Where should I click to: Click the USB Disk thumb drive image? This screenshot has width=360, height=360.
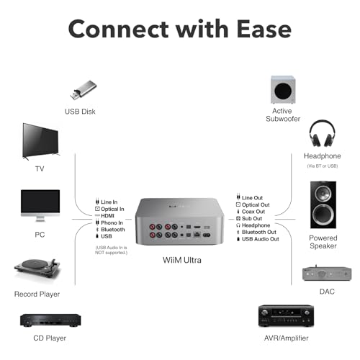tap(84, 90)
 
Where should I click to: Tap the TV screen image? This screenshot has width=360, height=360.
tap(40, 141)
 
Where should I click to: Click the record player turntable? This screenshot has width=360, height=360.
tap(37, 268)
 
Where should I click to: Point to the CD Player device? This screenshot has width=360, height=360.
tap(50, 320)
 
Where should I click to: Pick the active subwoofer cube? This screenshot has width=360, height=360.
tap(283, 89)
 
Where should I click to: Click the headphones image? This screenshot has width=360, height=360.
tap(322, 133)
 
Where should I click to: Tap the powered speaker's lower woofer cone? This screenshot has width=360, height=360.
tap(323, 215)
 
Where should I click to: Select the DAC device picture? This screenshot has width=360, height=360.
tap(327, 273)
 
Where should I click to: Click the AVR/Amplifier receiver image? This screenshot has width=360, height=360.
tap(286, 316)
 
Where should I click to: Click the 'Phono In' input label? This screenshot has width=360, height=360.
tap(112, 222)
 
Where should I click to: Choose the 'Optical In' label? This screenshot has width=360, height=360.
tap(112, 209)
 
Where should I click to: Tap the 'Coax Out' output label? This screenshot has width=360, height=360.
tap(253, 212)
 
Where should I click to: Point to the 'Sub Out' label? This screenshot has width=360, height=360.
tap(252, 218)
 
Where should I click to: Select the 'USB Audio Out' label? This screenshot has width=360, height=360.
tap(261, 239)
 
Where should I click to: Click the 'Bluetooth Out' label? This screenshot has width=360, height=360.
tap(259, 232)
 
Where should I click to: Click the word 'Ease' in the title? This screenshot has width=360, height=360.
tap(264, 29)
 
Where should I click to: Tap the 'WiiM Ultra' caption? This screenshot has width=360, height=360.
tap(182, 260)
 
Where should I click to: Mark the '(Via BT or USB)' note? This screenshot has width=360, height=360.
tap(323, 166)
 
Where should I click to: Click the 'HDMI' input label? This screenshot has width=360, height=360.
tap(107, 216)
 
